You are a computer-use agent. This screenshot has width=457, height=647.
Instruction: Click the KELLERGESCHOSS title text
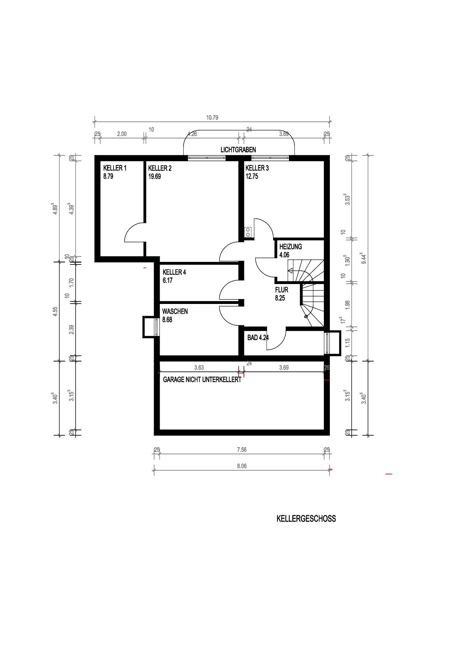click(x=306, y=519)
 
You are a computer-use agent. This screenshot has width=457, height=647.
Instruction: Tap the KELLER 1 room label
click(x=115, y=168)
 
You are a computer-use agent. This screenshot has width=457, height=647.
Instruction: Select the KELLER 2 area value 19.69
click(x=154, y=176)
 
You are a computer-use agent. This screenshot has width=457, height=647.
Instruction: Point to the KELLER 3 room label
click(x=257, y=168)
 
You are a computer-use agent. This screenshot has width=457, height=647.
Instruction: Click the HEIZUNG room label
click(x=291, y=246)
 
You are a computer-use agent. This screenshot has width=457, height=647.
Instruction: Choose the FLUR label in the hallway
click(x=282, y=290)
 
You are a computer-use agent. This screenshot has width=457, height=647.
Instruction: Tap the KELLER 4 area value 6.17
click(x=168, y=280)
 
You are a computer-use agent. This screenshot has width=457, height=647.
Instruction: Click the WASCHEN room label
click(x=175, y=311)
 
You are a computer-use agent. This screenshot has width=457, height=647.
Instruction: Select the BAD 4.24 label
click(x=258, y=337)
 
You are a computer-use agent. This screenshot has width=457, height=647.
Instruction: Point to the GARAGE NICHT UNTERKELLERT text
click(x=202, y=379)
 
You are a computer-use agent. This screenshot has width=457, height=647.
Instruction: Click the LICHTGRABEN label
click(x=238, y=150)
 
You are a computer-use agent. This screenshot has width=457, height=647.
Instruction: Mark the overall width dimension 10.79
click(x=212, y=118)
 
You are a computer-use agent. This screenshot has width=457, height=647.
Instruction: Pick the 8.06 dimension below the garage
click(x=242, y=466)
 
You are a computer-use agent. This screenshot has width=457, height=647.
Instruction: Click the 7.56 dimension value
click(x=242, y=450)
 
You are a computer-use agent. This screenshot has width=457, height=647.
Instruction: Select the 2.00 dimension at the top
click(x=122, y=134)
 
